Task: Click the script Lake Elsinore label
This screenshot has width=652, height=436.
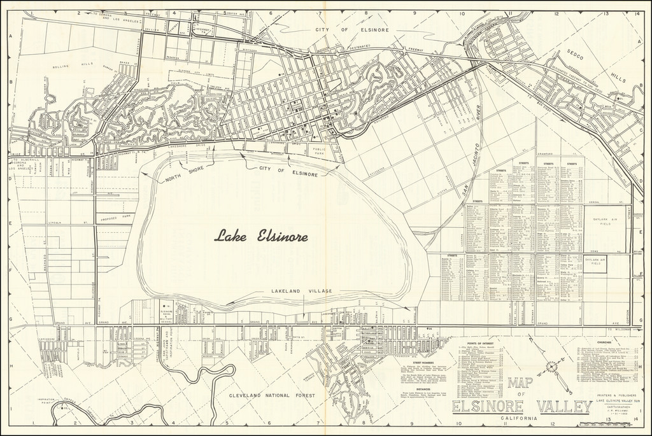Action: (261, 237)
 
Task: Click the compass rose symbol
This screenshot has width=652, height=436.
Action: (552, 367)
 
